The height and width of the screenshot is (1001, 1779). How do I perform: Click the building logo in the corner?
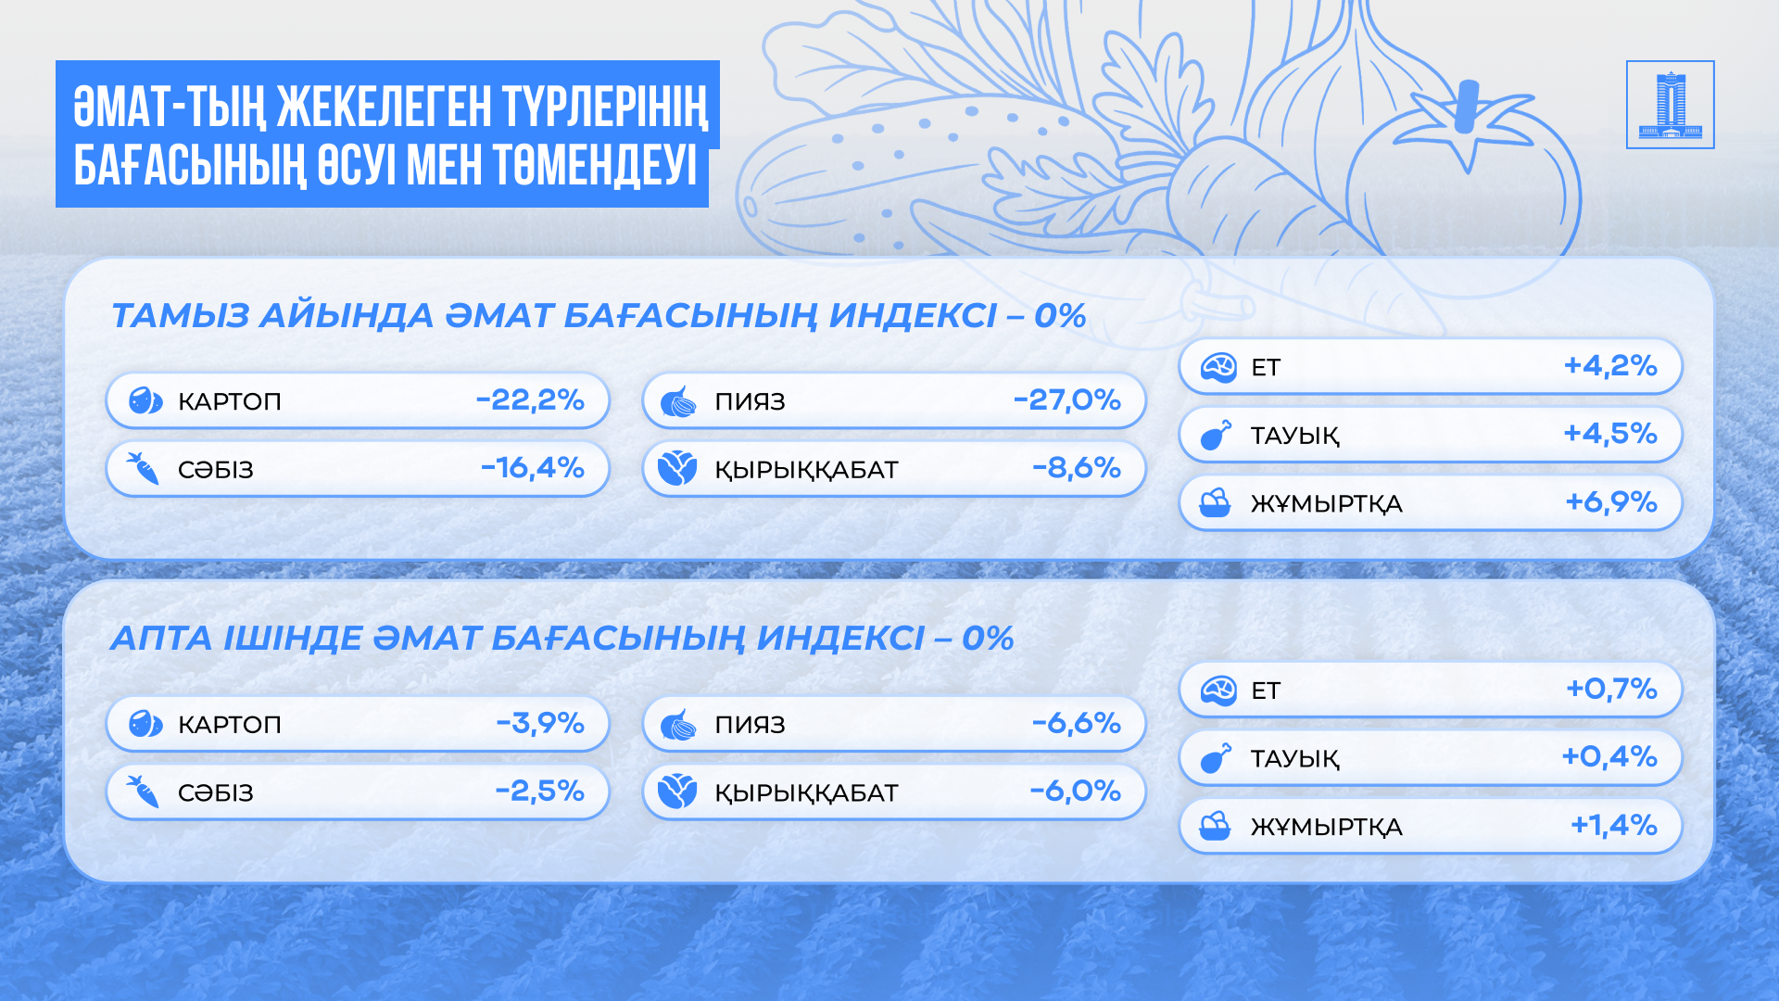click(x=1670, y=105)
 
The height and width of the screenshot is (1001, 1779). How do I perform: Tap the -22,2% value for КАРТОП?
click(x=530, y=399)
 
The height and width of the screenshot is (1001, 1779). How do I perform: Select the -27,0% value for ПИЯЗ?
click(x=1067, y=399)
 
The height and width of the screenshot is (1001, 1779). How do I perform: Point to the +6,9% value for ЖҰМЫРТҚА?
click(x=1611, y=501)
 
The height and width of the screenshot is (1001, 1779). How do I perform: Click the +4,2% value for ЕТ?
click(x=1610, y=365)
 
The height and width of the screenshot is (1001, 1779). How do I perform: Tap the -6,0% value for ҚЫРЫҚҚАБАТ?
click(x=1076, y=791)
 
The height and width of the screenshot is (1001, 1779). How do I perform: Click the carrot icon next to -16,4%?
click(x=143, y=469)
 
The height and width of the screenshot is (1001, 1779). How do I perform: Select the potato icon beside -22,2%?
click(x=145, y=401)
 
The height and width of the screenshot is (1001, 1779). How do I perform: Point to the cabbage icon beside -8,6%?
click(x=677, y=469)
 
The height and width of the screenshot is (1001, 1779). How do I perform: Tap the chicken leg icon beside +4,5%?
click(x=1216, y=435)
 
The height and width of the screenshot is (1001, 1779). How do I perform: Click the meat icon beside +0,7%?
click(x=1218, y=691)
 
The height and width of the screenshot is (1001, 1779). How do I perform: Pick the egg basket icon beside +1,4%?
click(x=1215, y=826)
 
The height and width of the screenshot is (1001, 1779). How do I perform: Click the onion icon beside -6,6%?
click(x=678, y=725)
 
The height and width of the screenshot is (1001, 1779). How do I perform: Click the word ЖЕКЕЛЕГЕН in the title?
click(x=385, y=107)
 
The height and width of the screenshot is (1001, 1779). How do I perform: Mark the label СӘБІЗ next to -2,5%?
click(x=216, y=792)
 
